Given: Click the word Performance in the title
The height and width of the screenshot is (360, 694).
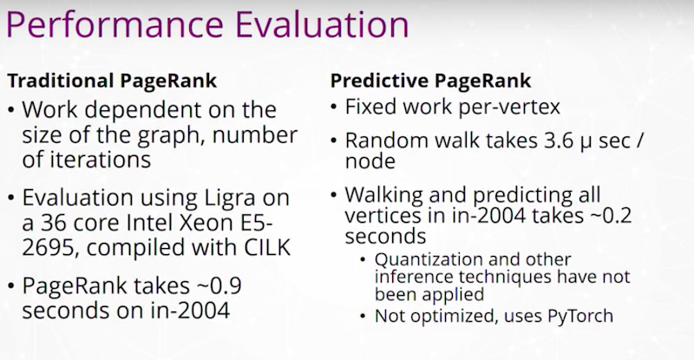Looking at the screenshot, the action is click(115, 24).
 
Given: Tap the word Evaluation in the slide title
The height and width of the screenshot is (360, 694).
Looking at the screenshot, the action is click(322, 24).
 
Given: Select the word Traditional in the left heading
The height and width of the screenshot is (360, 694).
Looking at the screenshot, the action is click(61, 81).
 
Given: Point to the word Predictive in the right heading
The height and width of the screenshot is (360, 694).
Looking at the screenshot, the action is click(380, 81).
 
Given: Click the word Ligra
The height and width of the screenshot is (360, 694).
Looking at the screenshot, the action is click(230, 199).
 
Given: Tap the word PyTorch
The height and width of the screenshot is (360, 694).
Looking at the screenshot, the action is click(580, 316).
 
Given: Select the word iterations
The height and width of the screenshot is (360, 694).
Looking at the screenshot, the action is click(100, 160).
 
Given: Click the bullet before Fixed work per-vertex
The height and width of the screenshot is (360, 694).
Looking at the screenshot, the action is click(335, 108).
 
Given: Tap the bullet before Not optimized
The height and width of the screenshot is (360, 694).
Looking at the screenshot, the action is click(363, 317).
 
